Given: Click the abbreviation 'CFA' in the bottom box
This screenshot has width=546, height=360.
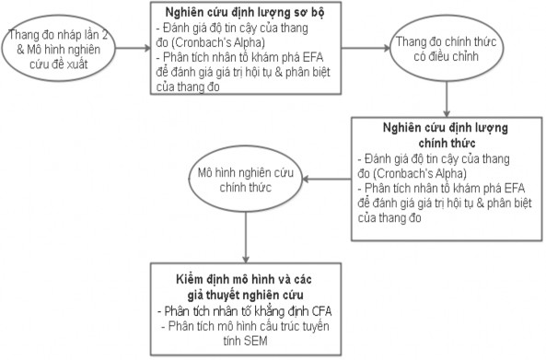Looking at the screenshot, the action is (302, 310).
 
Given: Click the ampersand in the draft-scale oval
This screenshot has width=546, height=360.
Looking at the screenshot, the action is (12, 47).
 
